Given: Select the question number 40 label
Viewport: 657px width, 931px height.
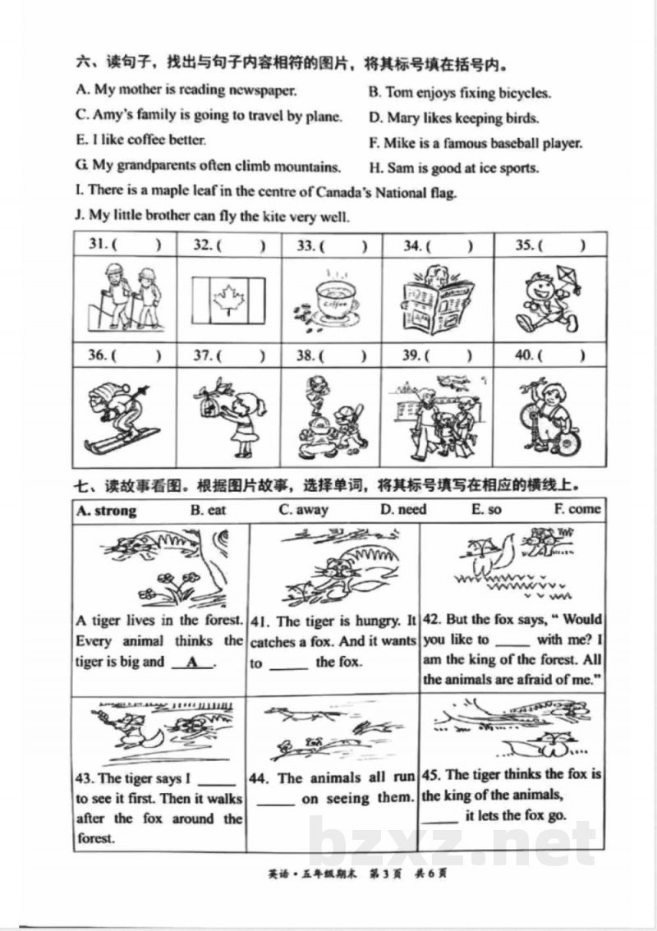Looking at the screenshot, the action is [x=524, y=355].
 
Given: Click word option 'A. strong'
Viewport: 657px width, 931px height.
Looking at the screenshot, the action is [x=107, y=511].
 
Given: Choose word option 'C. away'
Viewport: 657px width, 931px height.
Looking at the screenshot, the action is [x=304, y=510].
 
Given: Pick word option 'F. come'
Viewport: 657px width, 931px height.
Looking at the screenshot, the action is [x=577, y=509].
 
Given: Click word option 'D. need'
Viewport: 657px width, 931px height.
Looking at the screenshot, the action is [x=403, y=510].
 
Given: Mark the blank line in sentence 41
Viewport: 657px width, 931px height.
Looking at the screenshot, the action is [x=289, y=668].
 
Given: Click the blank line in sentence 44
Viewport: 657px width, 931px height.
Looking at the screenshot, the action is [x=276, y=805].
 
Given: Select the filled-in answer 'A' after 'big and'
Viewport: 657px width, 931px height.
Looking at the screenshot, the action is [x=192, y=663].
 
